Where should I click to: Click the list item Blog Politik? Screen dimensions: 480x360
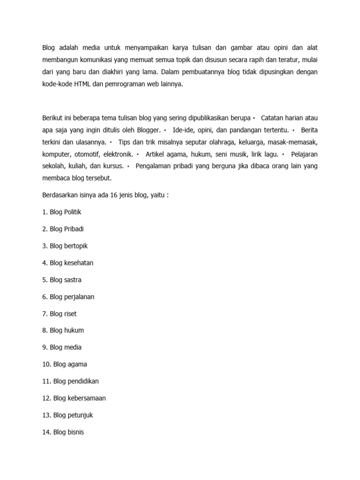tap(61, 212)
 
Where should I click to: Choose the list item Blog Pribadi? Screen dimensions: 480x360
tap(63, 229)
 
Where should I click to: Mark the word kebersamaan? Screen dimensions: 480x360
tap(85, 398)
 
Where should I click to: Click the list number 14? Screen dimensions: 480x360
tap(46, 432)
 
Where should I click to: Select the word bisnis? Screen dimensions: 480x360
tap(75, 432)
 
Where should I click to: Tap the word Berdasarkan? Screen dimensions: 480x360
tap(61, 195)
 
